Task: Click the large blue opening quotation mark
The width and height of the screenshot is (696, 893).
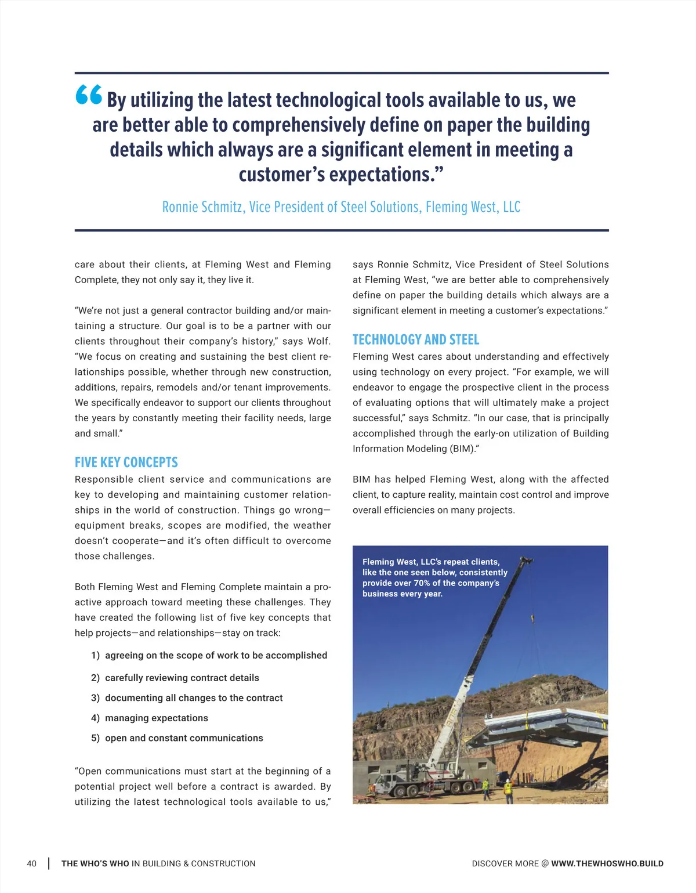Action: [x=89, y=95]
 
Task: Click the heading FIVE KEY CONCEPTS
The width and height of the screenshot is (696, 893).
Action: [x=126, y=462]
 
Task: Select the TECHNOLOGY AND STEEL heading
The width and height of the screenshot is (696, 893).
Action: [x=416, y=339]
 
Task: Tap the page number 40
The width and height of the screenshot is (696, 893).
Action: [x=31, y=863]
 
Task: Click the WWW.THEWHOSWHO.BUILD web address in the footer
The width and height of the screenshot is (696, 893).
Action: [x=607, y=863]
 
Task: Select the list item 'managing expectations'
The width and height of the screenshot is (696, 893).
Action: [x=156, y=718]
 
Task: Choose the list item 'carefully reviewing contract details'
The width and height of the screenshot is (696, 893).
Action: [x=182, y=678]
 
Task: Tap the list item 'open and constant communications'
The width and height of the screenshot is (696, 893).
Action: [x=184, y=738]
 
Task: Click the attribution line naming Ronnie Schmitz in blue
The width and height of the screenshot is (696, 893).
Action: [x=341, y=207]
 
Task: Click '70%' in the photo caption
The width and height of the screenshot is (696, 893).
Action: [x=422, y=583]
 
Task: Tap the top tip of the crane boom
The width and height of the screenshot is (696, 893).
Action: [x=527, y=559]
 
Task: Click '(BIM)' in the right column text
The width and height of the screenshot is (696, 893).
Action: [x=464, y=449]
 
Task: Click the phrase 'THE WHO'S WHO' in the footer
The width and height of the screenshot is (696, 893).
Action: [x=95, y=863]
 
